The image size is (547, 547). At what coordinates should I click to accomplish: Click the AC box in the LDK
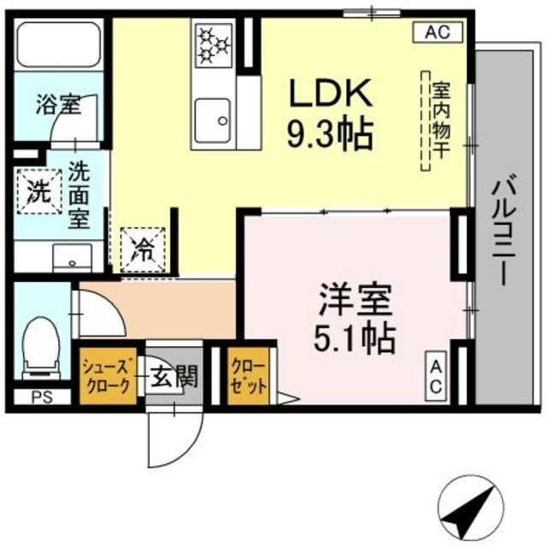coord(438,32)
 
